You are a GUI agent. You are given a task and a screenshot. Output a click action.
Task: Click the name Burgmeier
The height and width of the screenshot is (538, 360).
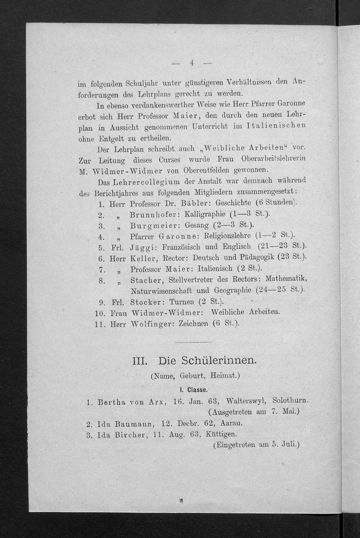(x=155, y=226)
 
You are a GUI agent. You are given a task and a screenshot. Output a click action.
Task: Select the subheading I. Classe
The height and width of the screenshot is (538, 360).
(x=193, y=390)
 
